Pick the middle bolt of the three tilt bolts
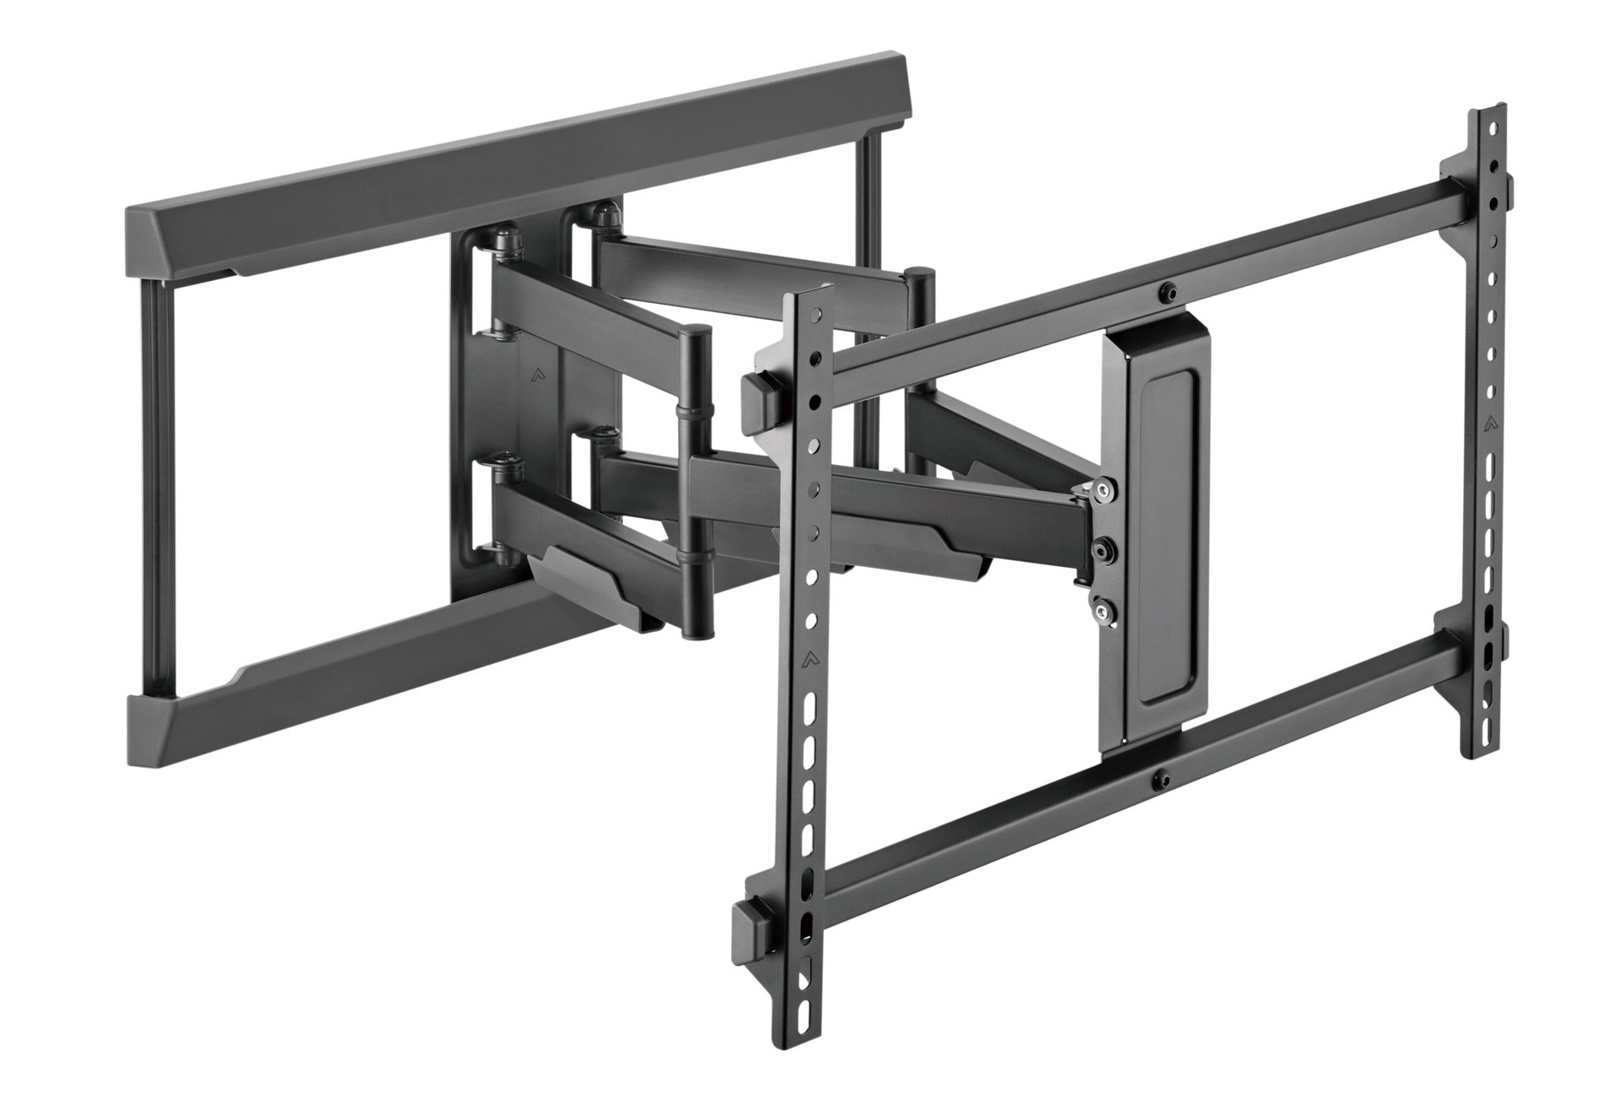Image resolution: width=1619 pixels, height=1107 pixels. tap(1100, 550)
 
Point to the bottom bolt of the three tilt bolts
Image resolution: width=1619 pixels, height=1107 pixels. tap(1100, 604)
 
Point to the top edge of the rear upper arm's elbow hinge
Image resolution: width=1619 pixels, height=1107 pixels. tap(921, 272)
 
